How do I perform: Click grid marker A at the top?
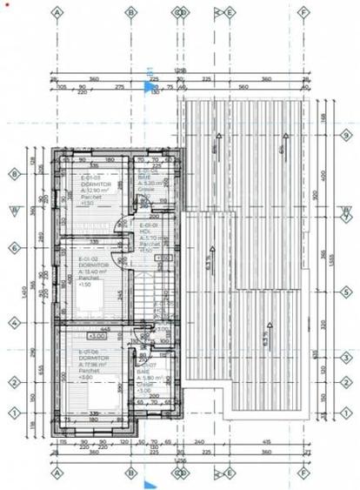tap(57, 13)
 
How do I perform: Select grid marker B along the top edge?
tap(130, 13)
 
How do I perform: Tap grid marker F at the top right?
tap(304, 13)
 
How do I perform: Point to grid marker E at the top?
tap(230, 13)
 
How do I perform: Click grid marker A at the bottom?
tap(57, 475)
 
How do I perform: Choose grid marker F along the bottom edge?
tap(304, 475)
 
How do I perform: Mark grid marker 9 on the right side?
tap(345, 135)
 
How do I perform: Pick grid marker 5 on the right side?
tap(345, 292)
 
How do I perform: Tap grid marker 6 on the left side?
tap(13, 247)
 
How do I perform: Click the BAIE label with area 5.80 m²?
tap(143, 376)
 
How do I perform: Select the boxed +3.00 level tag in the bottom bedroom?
tap(97, 335)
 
